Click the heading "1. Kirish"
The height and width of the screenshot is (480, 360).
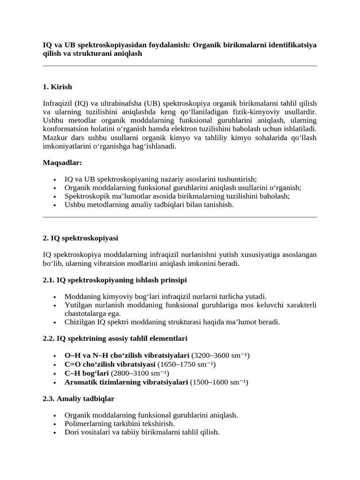[x=58, y=87]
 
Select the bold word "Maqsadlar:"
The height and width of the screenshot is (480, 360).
[x=62, y=163]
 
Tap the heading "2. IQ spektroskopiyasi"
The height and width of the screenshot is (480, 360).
[x=80, y=239]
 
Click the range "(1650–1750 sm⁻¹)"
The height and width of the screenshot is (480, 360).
[x=187, y=364]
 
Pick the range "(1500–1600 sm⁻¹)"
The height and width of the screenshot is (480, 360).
[x=219, y=382]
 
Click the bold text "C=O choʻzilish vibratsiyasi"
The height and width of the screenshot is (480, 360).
[x=110, y=364]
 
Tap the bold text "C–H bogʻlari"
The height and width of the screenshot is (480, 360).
[x=86, y=373]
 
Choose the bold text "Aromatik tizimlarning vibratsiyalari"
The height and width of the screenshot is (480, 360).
[x=126, y=382]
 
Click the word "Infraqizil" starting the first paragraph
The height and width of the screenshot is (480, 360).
[x=57, y=104]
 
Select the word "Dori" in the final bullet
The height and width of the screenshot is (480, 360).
[x=72, y=432]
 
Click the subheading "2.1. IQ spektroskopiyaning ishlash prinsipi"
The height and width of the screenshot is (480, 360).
[x=115, y=280]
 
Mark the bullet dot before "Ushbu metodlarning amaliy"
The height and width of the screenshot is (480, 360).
[x=55, y=205]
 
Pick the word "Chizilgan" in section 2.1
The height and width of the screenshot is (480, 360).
[x=79, y=322]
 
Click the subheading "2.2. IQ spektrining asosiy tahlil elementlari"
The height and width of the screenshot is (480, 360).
[x=115, y=338]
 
